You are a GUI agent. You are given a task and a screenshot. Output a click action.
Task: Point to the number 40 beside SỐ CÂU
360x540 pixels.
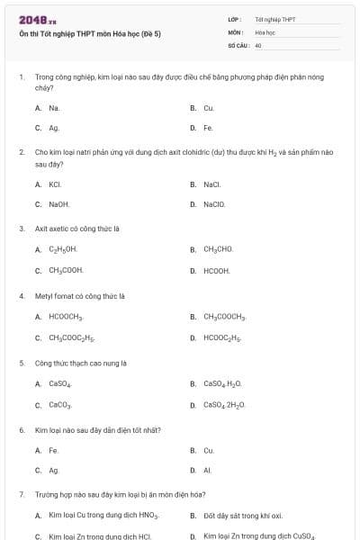pos(258,45)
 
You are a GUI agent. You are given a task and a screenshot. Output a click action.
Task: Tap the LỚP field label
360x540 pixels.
pos(234,18)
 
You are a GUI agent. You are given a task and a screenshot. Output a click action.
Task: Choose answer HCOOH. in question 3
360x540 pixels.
pos(216,271)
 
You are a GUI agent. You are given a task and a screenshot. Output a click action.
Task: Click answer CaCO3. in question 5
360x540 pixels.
pos(59,405)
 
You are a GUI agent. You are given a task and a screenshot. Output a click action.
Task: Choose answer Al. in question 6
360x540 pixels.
pos(208,471)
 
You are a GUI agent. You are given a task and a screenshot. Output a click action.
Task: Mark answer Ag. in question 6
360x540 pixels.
pos(54,471)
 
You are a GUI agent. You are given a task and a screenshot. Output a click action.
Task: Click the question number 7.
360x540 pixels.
pos(21,495)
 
